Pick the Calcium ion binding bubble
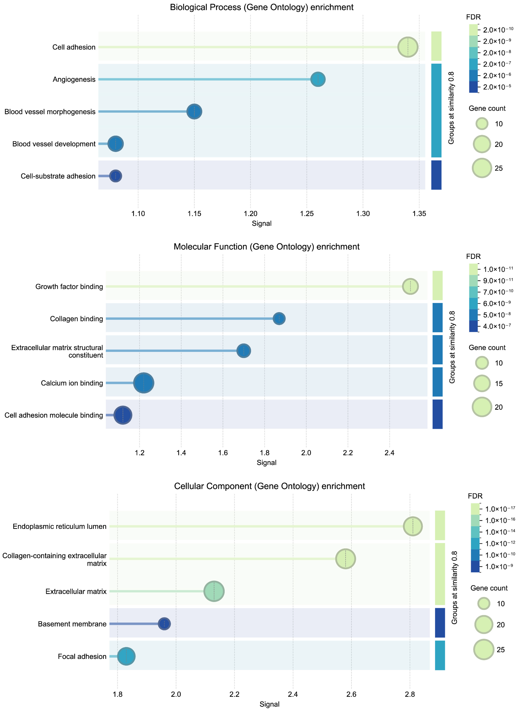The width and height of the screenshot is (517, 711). [x=144, y=383]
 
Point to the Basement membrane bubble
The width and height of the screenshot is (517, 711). [x=164, y=624]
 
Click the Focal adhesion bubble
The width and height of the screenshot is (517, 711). [x=126, y=656]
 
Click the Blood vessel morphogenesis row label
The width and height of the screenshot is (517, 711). [x=50, y=112]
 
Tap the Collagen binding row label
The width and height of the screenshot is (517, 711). [x=76, y=319]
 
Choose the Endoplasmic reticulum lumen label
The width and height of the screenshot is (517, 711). [x=60, y=526]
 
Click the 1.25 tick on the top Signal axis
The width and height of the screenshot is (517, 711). [x=307, y=214]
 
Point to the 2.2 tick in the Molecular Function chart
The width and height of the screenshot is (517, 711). [x=348, y=453]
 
